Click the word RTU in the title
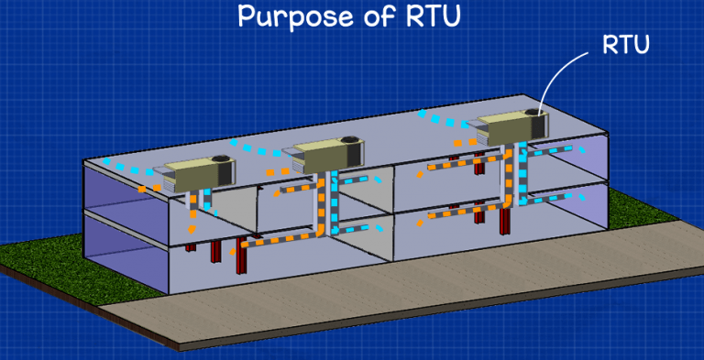[x=429, y=16]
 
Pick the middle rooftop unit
[x=326, y=153]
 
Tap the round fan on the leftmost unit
[x=220, y=160]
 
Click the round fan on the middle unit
[x=350, y=139]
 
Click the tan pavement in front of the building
[x=412, y=302]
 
